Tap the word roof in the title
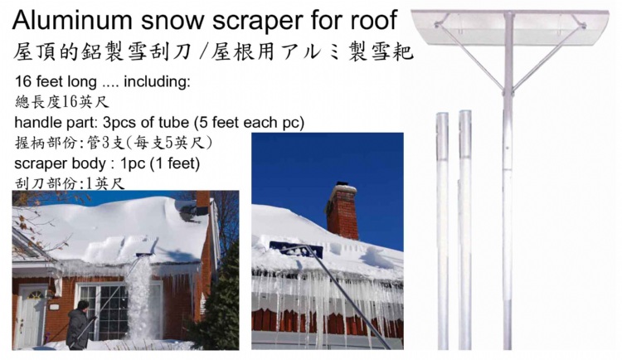click(373, 20)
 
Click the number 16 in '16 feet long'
click(23, 81)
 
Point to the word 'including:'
click(157, 82)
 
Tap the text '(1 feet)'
click(175, 163)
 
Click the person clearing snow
click(79, 325)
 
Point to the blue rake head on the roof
click(296, 250)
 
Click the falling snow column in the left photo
click(138, 297)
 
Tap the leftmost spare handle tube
click(442, 231)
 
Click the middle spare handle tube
click(465, 230)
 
